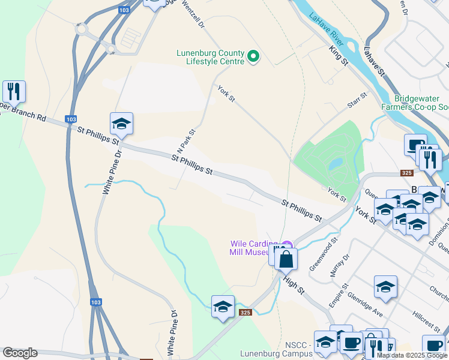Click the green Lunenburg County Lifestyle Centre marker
(253, 57)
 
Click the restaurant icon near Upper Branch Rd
(14, 92)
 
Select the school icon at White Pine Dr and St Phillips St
(121, 124)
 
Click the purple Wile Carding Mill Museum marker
(288, 245)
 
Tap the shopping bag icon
(287, 259)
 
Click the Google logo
(20, 353)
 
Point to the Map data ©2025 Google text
(412, 355)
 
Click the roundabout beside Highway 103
(80, 29)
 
